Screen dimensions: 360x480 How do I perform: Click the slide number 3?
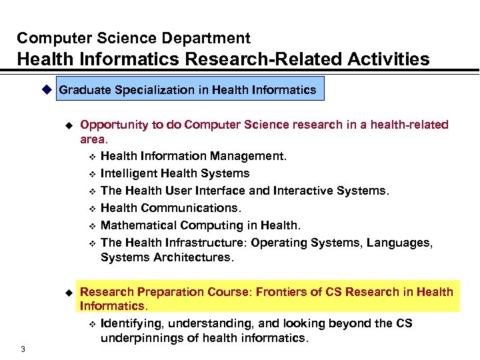[23, 349]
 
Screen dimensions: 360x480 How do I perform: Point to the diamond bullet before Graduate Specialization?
[46, 89]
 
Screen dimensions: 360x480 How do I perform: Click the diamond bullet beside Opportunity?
[67, 125]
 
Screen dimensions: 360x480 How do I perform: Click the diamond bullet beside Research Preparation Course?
[67, 293]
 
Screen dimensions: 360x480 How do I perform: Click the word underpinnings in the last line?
[138, 338]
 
